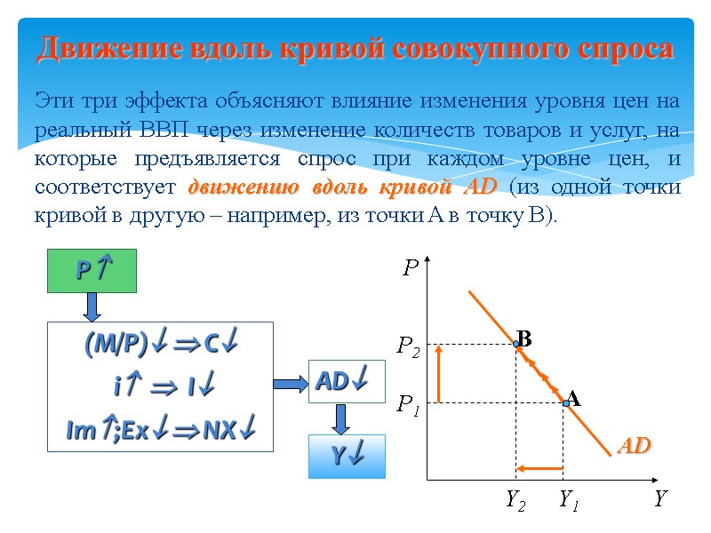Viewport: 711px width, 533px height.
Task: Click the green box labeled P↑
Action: point(92,271)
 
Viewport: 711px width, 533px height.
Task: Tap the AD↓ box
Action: point(347,382)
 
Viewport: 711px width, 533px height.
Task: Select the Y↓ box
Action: point(347,457)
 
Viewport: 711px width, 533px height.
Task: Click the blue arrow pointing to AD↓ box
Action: point(290,383)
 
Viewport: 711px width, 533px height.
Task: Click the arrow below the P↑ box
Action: point(92,306)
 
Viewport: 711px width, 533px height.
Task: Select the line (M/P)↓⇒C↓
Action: point(160,346)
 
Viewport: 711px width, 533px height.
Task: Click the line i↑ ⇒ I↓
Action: point(160,387)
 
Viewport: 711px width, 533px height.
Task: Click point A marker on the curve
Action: point(565,403)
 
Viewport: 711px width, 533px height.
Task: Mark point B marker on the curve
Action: point(515,345)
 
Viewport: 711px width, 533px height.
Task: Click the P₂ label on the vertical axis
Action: point(408,345)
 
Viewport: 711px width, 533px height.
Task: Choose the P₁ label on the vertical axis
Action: point(408,406)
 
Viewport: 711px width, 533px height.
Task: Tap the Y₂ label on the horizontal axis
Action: point(515,502)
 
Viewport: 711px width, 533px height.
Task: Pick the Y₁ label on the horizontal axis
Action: point(569,502)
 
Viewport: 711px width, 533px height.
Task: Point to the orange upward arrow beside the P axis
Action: point(438,373)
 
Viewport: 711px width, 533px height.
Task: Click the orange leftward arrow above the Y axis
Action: point(540,468)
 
